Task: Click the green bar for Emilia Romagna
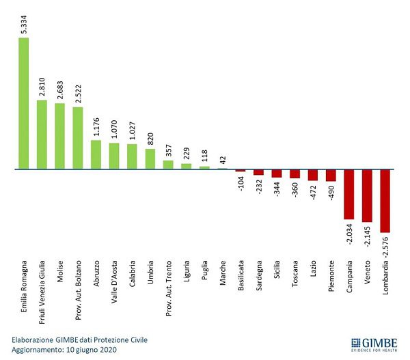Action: pyautogui.click(x=23, y=102)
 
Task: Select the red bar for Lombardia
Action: pyautogui.click(x=385, y=201)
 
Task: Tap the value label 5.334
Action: pyautogui.click(x=23, y=20)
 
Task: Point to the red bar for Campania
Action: pyautogui.click(x=348, y=195)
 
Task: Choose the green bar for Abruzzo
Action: pyautogui.click(x=96, y=154)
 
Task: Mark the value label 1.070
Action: pyautogui.click(x=114, y=128)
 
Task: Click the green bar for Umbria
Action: pyautogui.click(x=150, y=158)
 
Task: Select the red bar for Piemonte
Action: pyautogui.click(x=331, y=175)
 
